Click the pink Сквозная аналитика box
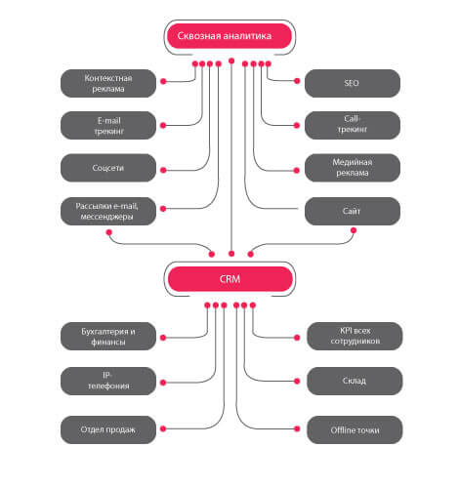tap(229, 36)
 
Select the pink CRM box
tap(230, 279)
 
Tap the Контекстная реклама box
tap(108, 83)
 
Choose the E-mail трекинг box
tap(108, 126)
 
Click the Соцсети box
tap(108, 168)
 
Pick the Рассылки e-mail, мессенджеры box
tap(108, 211)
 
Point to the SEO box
tap(353, 83)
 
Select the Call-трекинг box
tap(353, 126)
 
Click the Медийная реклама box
tap(353, 168)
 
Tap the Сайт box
tap(353, 211)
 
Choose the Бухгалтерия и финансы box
tap(108, 337)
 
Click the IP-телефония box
tap(108, 382)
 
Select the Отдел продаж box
tap(108, 429)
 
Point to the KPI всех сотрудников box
tap(355, 337)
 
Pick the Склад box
tap(355, 382)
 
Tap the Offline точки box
tap(355, 429)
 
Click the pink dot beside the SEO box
tap(297, 81)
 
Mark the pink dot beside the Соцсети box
tap(163, 170)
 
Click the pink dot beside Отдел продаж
tap(163, 428)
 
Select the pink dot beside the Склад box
tap(297, 381)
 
